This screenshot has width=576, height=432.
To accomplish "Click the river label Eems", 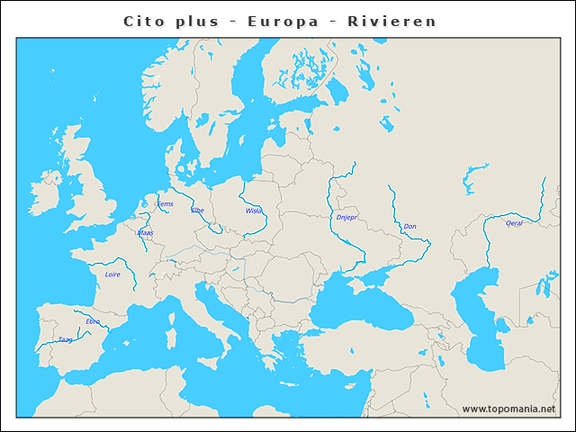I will pyautogui.click(x=165, y=203).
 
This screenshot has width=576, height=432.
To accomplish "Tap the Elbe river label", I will pyautogui.click(x=198, y=210).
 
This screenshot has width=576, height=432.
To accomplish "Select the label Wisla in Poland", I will pyautogui.click(x=253, y=211).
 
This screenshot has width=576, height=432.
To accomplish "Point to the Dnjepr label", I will pyautogui.click(x=346, y=217).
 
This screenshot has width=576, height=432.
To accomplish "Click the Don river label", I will pyautogui.click(x=409, y=226).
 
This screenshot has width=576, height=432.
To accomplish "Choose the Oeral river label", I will pyautogui.click(x=514, y=223).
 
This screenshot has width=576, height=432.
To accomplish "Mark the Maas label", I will pyautogui.click(x=145, y=232).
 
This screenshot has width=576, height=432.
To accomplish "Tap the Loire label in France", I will pyautogui.click(x=112, y=274).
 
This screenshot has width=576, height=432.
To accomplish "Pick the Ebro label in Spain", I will pyautogui.click(x=93, y=320).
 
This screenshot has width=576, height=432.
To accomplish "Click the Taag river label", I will pyautogui.click(x=65, y=339).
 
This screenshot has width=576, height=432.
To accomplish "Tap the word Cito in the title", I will pyautogui.click(x=144, y=21).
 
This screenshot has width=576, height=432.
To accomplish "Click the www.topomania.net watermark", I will pyautogui.click(x=508, y=409).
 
